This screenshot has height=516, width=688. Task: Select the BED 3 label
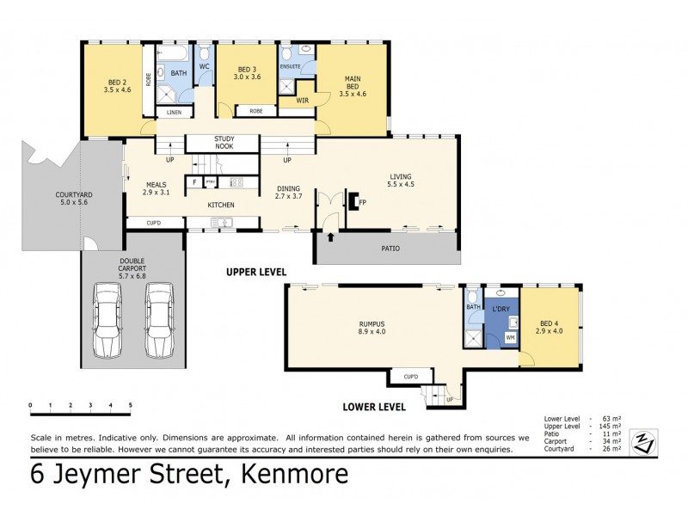[248, 73]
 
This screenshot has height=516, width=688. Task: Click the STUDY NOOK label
[224, 143]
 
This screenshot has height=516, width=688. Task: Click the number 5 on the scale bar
[130, 404]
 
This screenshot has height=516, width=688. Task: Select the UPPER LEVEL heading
[255, 273]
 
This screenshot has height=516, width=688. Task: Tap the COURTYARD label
[49, 200]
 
